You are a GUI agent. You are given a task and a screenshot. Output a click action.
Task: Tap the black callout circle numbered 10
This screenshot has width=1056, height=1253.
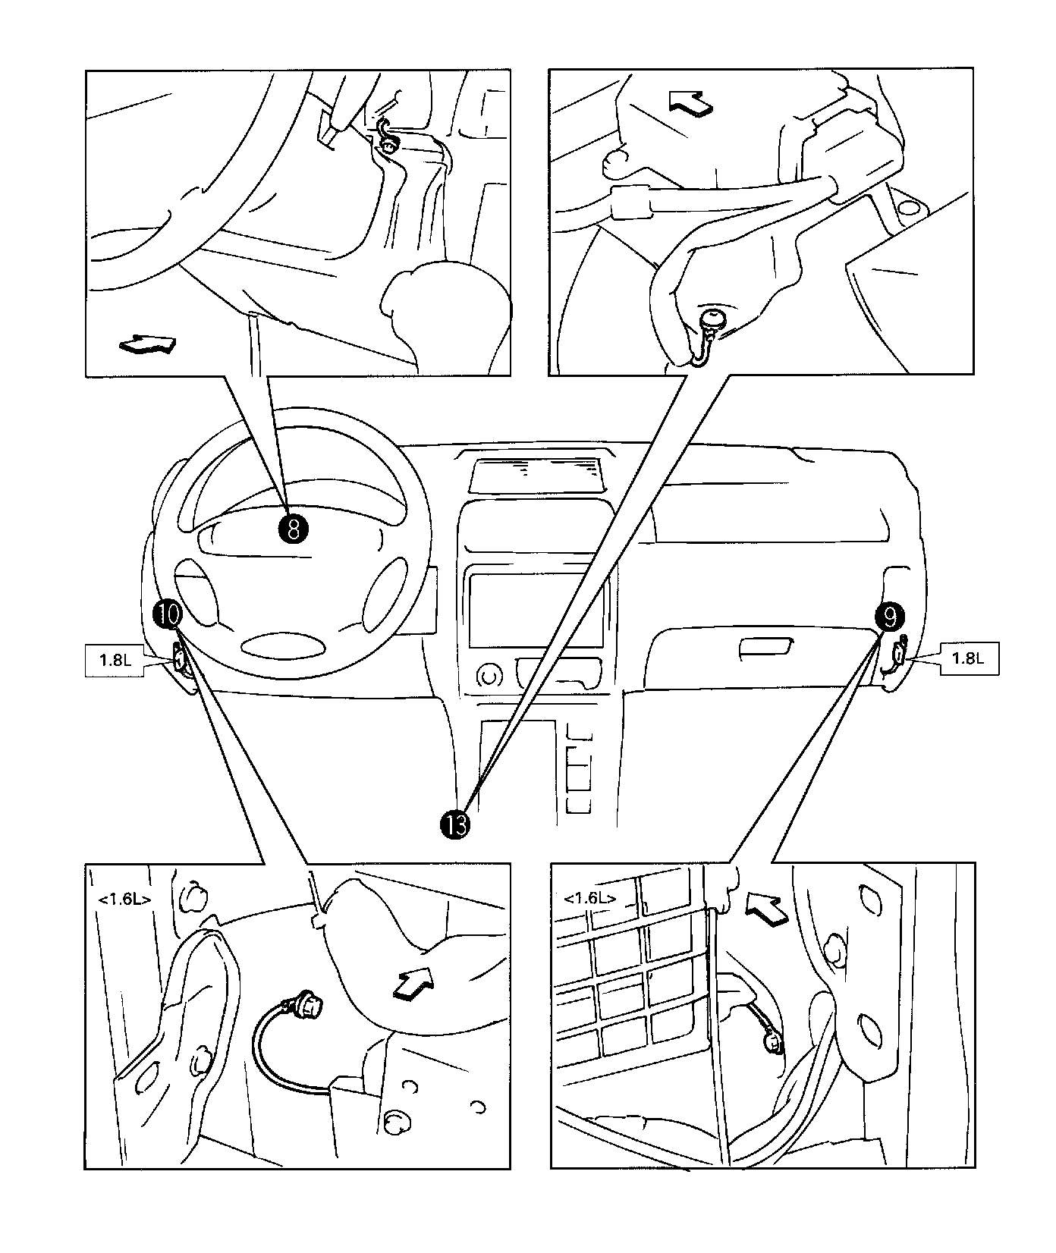tap(168, 613)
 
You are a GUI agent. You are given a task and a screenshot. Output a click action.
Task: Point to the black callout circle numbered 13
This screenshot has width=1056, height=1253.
tap(455, 824)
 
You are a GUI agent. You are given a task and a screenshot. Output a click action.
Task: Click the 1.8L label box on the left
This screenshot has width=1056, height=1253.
tap(115, 659)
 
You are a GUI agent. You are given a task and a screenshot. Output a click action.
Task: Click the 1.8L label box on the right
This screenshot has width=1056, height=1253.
tap(969, 658)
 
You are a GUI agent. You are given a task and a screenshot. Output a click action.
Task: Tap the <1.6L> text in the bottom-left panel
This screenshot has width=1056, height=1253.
tap(124, 900)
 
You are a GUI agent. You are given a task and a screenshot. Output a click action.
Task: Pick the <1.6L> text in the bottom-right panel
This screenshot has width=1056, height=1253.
tap(589, 899)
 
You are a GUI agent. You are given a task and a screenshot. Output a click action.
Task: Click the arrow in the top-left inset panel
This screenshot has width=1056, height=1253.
tap(149, 346)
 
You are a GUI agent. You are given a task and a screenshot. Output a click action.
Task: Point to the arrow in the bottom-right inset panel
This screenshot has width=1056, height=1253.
tap(767, 906)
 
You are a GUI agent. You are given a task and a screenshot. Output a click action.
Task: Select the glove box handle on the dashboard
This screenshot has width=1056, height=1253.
tap(765, 646)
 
